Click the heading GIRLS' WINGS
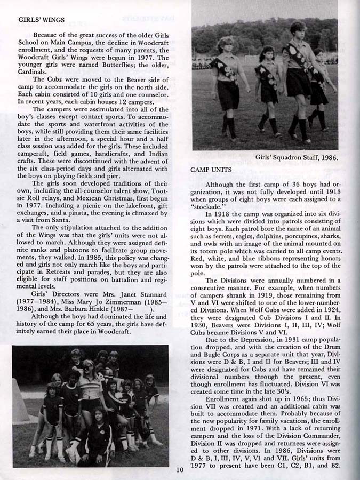(42, 20)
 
